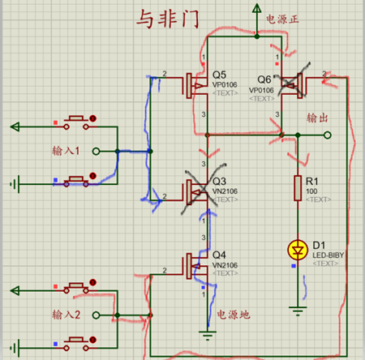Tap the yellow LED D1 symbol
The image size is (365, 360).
(x=298, y=249)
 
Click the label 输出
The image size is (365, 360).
(x=319, y=118)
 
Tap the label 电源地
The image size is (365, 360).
(x=233, y=315)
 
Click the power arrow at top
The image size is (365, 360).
(x=257, y=11)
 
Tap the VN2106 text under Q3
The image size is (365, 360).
(x=226, y=191)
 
